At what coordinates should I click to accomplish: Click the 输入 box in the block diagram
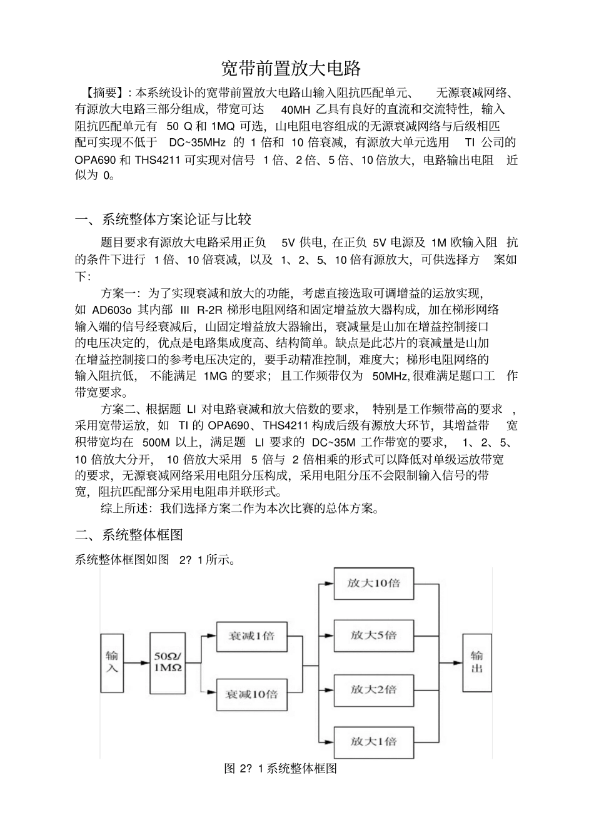click(112, 662)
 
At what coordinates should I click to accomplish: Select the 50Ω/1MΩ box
click(168, 662)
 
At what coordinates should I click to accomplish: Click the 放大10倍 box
click(373, 584)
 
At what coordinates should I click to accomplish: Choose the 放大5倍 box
click(373, 635)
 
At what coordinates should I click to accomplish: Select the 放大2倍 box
click(373, 689)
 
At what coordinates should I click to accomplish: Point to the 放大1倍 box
click(373, 742)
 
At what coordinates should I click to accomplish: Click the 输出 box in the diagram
click(476, 662)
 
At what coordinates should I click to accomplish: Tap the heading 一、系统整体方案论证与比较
click(163, 219)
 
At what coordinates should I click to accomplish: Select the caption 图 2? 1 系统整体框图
click(280, 769)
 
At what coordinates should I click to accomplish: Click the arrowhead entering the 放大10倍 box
click(329, 584)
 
